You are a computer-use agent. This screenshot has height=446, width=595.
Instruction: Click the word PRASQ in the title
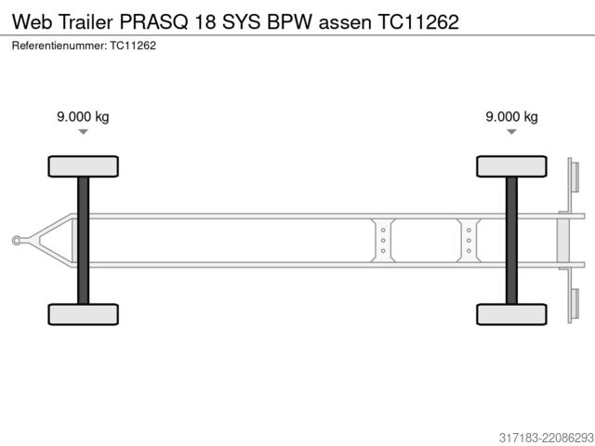(x=153, y=22)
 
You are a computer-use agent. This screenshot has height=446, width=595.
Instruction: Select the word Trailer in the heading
(x=86, y=22)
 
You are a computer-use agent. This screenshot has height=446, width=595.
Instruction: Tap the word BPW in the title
(x=289, y=22)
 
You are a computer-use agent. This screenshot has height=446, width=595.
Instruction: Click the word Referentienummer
(x=59, y=46)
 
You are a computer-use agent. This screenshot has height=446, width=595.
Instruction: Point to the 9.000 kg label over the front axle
(x=83, y=116)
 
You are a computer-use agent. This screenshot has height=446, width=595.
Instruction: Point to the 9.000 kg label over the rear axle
(x=511, y=116)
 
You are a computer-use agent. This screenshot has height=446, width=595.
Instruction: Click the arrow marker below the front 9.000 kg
(x=83, y=132)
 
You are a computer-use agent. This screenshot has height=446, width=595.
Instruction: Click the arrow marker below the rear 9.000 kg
(x=511, y=132)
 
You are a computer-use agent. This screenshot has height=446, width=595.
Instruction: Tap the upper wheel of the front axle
(x=83, y=166)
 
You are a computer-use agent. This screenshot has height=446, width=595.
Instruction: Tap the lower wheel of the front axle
(x=83, y=314)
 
